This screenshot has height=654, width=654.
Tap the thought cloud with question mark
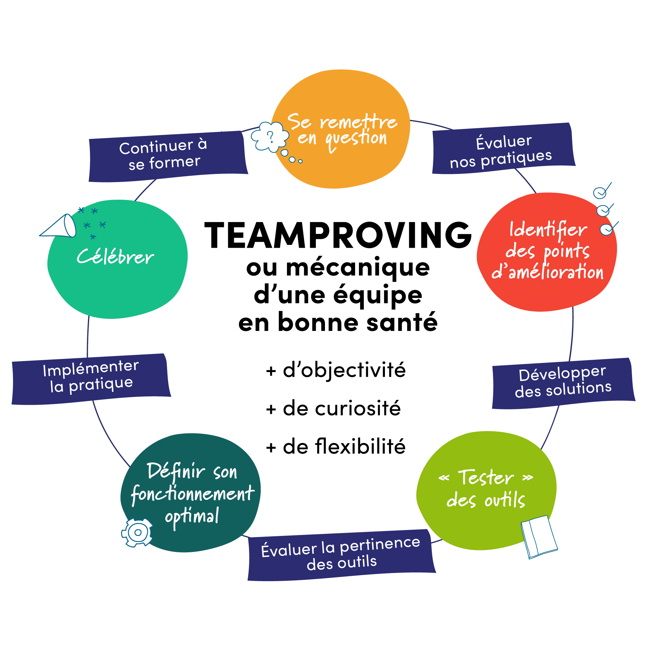point(270,137)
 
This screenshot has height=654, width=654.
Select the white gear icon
point(138,532)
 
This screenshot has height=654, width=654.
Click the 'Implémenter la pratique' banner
point(91,378)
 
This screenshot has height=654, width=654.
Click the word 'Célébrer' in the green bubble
point(116,257)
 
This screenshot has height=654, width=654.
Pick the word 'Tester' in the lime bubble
point(486,478)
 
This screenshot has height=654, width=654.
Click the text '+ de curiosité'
point(333,408)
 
